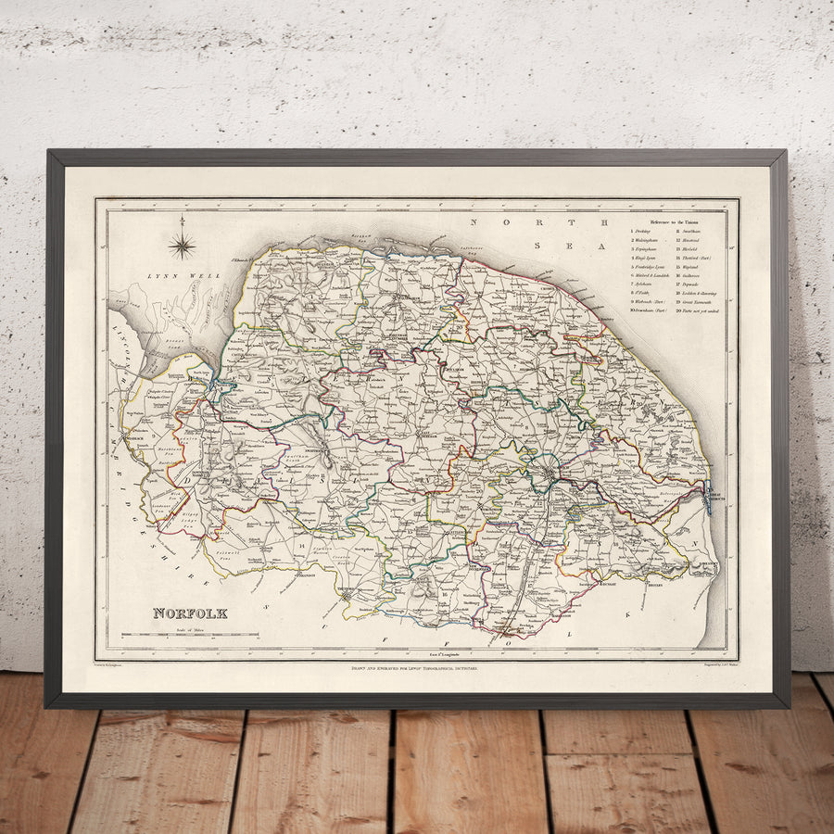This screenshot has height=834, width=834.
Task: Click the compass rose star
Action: [x=183, y=245]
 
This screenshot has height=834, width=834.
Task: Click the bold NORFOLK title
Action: [x=189, y=613]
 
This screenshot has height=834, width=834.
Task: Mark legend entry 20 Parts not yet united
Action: [x=698, y=311]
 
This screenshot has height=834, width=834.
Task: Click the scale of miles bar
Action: [x=194, y=636]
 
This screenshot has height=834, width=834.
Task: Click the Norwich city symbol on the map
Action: [x=549, y=476]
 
